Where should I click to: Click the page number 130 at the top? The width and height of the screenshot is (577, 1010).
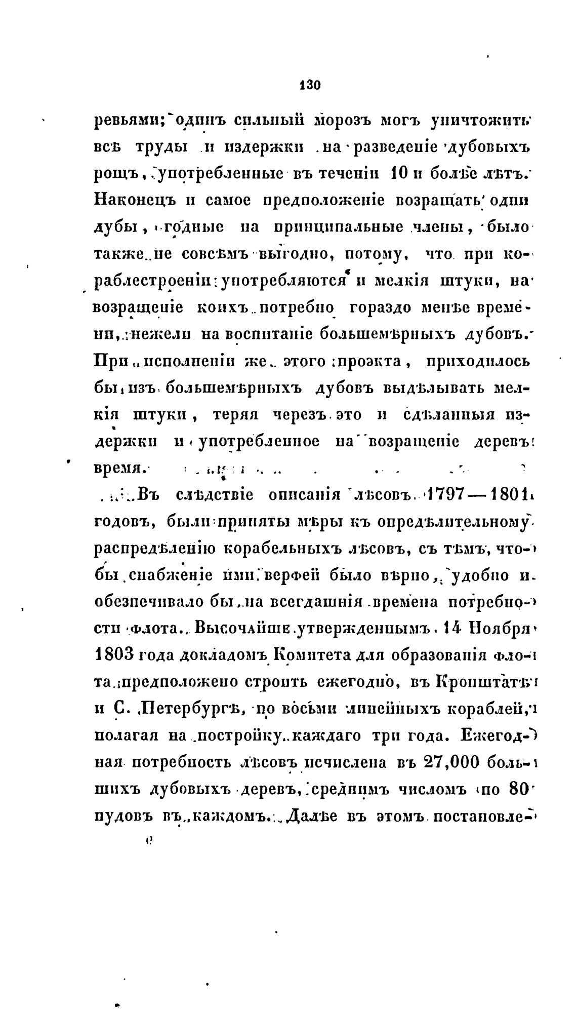coord(310,85)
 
